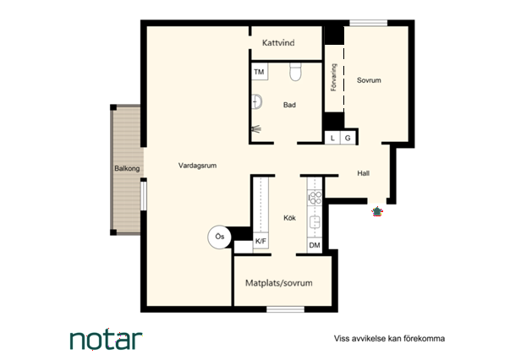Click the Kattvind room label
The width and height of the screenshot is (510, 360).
[x=278, y=42]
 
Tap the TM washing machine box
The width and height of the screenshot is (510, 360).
[x=260, y=72]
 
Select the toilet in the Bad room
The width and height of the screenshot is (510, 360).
[x=296, y=72]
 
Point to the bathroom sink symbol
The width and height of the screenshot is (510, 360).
[x=257, y=101]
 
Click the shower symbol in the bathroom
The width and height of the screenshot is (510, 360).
[x=256, y=129]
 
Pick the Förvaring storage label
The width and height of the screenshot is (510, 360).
[x=333, y=78]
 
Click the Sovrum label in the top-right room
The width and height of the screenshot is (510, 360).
[x=369, y=80]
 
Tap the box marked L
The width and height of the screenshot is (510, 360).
[x=332, y=138]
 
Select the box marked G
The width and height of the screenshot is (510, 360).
[x=348, y=138]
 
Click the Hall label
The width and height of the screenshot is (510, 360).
[x=364, y=173]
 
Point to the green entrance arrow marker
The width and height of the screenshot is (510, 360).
[x=377, y=211]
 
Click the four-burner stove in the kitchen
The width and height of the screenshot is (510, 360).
[x=315, y=198]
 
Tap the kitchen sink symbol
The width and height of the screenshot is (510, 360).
[x=315, y=222]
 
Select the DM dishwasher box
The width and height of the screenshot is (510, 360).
[x=315, y=245]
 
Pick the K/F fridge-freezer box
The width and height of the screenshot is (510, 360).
[x=260, y=241]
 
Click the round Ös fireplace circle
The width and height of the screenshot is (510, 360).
[x=220, y=237]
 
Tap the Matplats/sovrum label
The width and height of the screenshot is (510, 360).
[x=279, y=283]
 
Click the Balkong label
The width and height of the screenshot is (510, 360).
[x=127, y=168]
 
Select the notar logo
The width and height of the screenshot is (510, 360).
[x=107, y=340]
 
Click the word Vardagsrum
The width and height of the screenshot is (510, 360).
[x=197, y=166]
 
